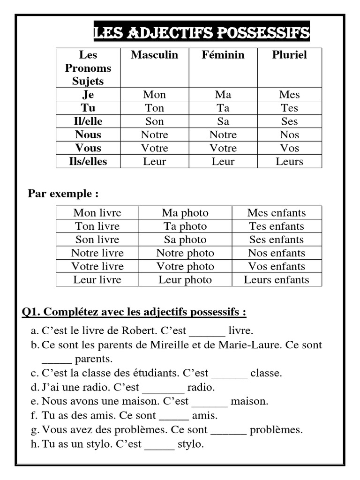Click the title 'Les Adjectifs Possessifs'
(202, 33)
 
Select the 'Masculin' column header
(154, 55)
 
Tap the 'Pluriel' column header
(289, 55)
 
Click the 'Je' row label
(88, 95)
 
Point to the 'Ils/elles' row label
(88, 162)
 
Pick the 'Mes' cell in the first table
(289, 95)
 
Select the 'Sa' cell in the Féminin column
(223, 121)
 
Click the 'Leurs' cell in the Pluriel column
(289, 162)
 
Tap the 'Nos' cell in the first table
(289, 135)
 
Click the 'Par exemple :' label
(63, 194)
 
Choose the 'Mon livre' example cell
(97, 213)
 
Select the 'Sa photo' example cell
(185, 240)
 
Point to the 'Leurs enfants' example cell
(277, 280)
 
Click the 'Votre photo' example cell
(185, 266)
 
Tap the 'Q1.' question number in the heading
(31, 312)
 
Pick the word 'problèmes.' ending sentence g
(276, 430)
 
